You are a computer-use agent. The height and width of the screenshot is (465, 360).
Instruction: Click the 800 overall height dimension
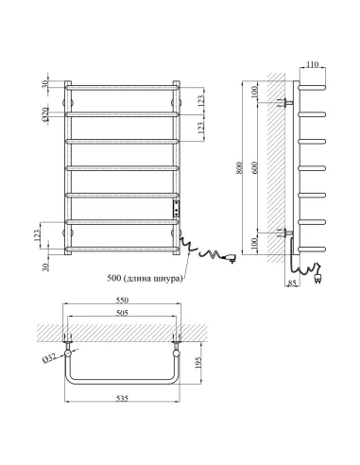pyautogui.click(x=239, y=168)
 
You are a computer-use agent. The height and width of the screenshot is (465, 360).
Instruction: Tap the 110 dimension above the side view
pyautogui.click(x=312, y=64)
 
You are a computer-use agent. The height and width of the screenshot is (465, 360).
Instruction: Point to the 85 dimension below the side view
pyautogui.click(x=292, y=283)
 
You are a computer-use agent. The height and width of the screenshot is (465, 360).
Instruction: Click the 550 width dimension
pyautogui.click(x=122, y=300)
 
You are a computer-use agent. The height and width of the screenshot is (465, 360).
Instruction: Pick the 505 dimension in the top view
pyautogui.click(x=122, y=313)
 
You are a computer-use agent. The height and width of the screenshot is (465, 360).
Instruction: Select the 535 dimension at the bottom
pyautogui.click(x=122, y=399)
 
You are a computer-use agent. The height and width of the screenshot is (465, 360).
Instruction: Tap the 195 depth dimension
pyautogui.click(x=198, y=363)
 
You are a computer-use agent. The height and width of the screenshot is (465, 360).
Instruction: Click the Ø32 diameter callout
pyautogui.click(x=49, y=358)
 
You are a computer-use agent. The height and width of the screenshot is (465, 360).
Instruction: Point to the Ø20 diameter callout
pyautogui.click(x=45, y=114)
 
